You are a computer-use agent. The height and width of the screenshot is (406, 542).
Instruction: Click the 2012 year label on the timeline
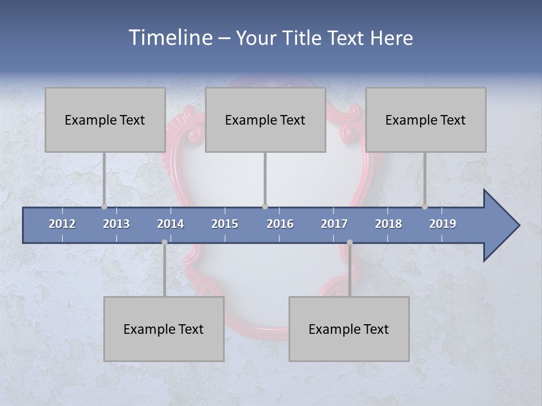[x=62, y=224]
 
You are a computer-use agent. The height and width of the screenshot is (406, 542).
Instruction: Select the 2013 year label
[x=116, y=224]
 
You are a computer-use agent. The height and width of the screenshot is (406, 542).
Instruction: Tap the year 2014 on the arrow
[x=171, y=224]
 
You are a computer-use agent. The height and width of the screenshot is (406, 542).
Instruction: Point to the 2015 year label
[x=225, y=224]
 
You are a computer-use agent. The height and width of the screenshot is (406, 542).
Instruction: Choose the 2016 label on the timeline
[x=280, y=224]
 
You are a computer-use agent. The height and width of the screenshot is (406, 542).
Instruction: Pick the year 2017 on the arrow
[x=334, y=224]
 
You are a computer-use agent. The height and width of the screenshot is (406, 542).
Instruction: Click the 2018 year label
[x=388, y=224]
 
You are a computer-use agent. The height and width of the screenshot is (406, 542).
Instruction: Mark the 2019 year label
[x=443, y=224]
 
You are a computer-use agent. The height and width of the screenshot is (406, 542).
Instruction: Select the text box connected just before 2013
[x=105, y=120]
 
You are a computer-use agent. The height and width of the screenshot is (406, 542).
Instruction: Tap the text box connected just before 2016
[x=265, y=120]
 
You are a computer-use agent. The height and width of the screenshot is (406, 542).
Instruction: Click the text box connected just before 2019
[x=426, y=120]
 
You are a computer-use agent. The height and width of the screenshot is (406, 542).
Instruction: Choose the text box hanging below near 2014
[x=164, y=329]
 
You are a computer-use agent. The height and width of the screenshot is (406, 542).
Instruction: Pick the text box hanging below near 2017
[x=349, y=329]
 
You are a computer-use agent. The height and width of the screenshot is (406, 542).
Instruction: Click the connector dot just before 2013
[x=104, y=206]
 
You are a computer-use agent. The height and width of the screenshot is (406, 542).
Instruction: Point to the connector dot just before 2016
[x=265, y=206]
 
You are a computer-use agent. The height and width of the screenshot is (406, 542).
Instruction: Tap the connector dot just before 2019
[x=425, y=206]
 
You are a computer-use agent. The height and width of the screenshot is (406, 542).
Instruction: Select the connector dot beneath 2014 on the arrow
[x=164, y=242]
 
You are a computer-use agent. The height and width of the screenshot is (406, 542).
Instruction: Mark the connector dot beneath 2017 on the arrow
[x=349, y=242]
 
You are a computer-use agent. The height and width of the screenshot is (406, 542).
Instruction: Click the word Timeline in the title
[x=169, y=37]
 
